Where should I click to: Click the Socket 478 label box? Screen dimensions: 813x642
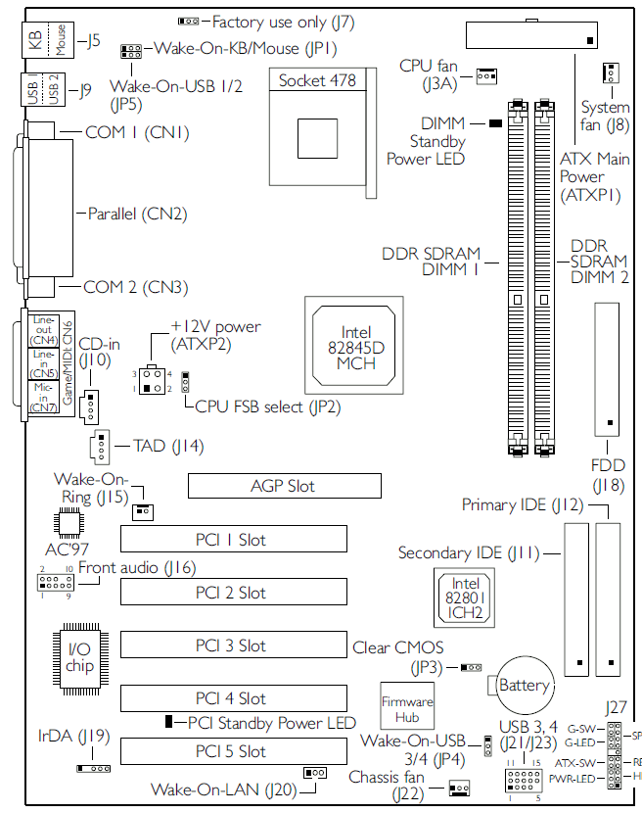click(x=316, y=80)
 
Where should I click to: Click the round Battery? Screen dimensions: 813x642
click(x=524, y=685)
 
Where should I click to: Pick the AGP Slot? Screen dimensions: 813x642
click(x=283, y=486)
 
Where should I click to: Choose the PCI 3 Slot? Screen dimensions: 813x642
click(x=232, y=646)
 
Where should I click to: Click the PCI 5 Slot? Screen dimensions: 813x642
click(x=232, y=751)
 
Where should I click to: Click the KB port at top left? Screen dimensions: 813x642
click(x=34, y=40)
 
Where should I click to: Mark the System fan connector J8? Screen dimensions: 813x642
click(x=610, y=72)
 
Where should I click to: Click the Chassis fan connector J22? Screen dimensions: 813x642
click(x=459, y=788)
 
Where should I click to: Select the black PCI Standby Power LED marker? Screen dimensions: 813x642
click(x=169, y=722)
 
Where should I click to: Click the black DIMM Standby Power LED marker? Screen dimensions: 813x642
click(x=495, y=123)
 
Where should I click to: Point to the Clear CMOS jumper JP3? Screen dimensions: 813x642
click(x=472, y=667)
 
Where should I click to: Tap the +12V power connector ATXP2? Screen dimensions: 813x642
click(x=151, y=380)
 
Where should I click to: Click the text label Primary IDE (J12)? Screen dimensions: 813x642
click(x=523, y=505)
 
